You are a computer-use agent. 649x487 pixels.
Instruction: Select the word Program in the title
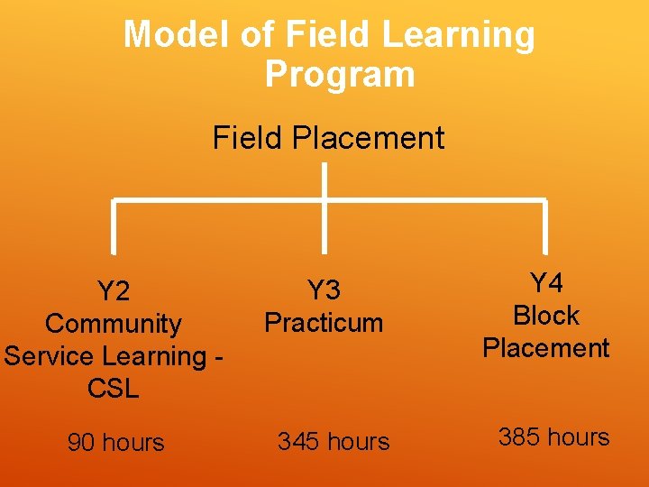click(340, 74)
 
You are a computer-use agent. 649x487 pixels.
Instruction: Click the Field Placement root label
click(328, 138)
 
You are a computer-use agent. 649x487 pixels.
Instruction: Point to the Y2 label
click(114, 291)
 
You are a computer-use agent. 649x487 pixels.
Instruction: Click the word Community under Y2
click(114, 324)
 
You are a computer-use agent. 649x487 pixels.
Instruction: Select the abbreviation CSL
click(114, 389)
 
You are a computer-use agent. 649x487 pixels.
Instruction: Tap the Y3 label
click(324, 290)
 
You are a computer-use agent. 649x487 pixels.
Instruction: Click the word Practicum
click(324, 323)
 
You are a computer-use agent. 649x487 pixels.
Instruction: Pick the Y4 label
click(546, 283)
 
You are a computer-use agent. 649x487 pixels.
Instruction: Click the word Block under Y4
click(546, 316)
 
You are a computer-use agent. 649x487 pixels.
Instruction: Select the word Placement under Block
click(546, 348)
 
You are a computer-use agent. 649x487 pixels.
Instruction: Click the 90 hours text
click(115, 443)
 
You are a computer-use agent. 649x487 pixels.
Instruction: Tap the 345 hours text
click(334, 442)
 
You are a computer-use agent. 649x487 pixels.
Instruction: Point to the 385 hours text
click(553, 437)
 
